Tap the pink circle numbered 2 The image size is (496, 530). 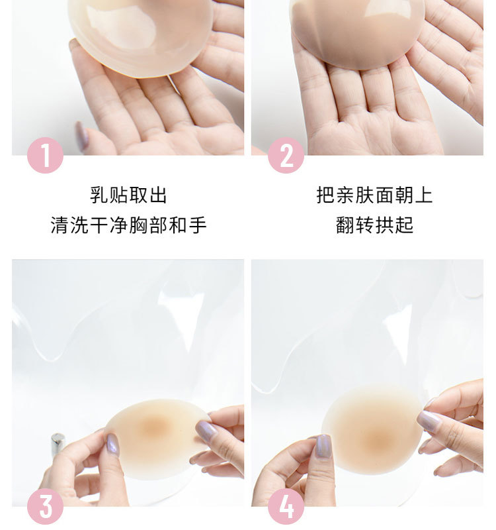[x=286, y=156]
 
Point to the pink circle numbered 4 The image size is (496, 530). [x=286, y=507]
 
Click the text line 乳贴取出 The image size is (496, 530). [x=129, y=195]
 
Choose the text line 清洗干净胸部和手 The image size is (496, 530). [x=129, y=225]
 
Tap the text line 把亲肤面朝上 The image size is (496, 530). [x=374, y=195]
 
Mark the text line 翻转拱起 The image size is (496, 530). [x=374, y=225]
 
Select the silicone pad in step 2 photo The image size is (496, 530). [x=357, y=30]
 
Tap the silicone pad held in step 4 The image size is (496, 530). [x=374, y=431]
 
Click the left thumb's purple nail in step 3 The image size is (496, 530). [x=113, y=444]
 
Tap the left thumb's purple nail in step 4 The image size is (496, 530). [x=323, y=446]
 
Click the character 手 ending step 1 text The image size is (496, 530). [x=198, y=225]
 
